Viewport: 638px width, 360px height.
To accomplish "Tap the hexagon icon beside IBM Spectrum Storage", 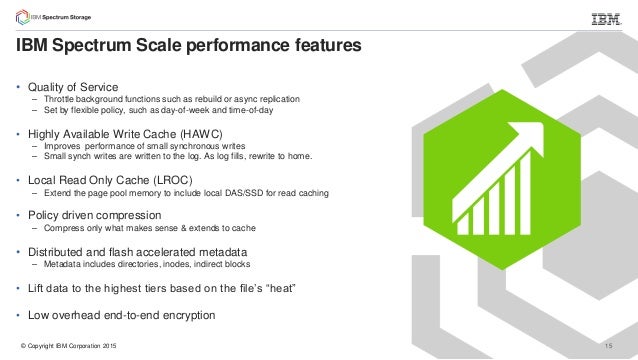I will coord(19,17).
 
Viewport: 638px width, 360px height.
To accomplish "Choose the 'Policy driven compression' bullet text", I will coord(95,215).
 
